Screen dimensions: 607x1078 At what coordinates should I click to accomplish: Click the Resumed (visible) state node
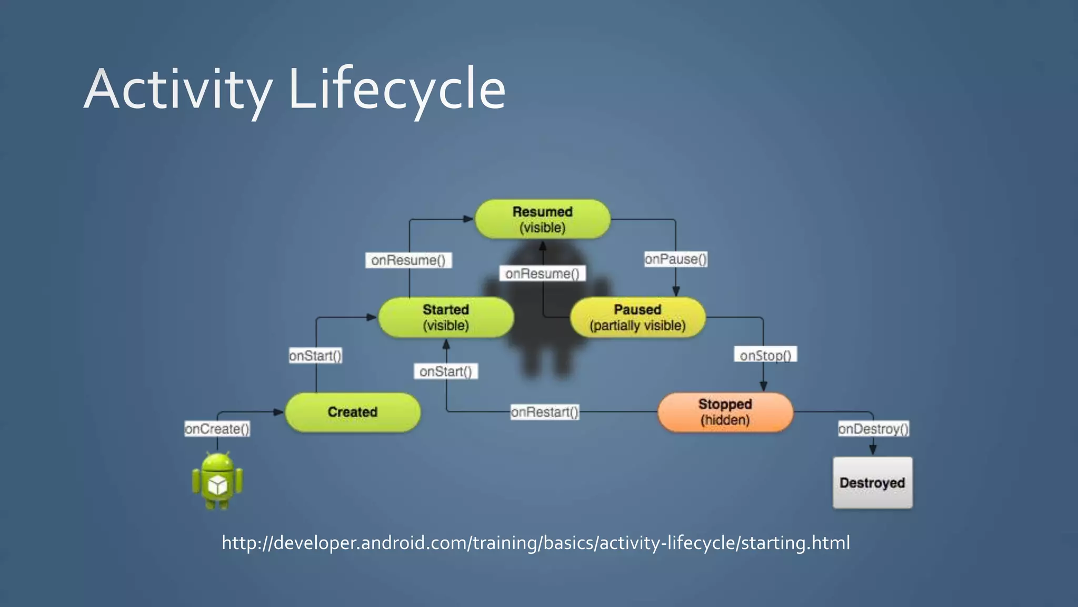point(542,219)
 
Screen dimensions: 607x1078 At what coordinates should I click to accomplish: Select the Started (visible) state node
point(446,317)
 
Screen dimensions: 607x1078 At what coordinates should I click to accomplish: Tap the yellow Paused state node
point(637,317)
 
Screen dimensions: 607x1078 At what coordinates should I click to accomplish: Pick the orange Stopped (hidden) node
point(725,412)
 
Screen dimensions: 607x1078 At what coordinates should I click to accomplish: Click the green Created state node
point(352,412)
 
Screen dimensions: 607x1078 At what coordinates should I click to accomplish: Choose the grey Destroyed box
point(872,483)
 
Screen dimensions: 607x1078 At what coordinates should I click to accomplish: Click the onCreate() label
point(217,429)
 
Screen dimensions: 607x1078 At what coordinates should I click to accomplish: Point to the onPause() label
point(675,259)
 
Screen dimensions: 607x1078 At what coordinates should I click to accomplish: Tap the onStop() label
point(765,355)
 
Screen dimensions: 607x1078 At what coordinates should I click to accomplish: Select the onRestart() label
point(545,412)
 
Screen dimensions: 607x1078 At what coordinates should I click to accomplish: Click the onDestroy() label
point(873,429)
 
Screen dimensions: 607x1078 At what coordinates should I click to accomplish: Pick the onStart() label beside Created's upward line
point(315,356)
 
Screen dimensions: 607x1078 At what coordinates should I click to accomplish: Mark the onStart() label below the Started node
point(445,371)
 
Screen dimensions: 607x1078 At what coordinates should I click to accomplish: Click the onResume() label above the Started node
point(408,260)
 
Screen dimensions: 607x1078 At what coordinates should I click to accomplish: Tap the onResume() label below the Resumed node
point(542,273)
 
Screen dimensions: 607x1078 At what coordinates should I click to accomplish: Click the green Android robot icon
point(217,481)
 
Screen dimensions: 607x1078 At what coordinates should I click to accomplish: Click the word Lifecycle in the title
point(397,90)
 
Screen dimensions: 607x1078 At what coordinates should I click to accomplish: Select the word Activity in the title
point(178,90)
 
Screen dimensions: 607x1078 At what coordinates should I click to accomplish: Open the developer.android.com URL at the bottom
point(536,543)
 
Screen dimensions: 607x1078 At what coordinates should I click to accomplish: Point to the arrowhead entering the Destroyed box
point(873,450)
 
